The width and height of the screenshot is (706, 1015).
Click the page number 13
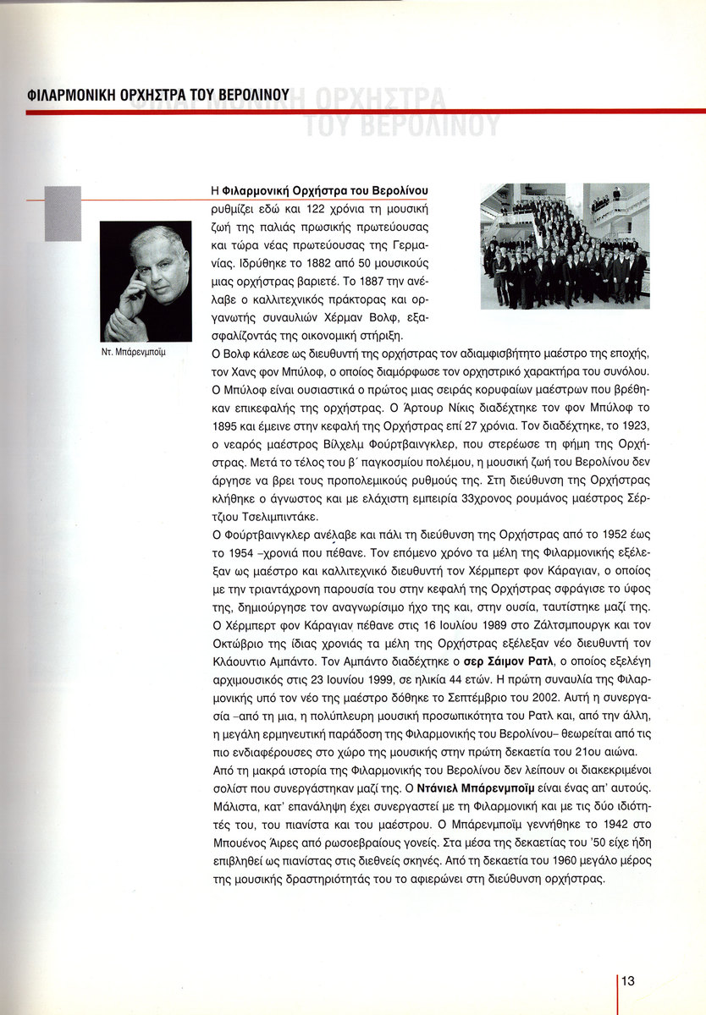click(628, 981)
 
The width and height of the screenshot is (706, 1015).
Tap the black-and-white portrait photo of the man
click(146, 282)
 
